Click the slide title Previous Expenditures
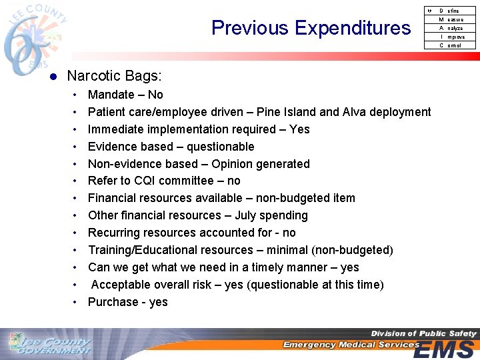coord(311,28)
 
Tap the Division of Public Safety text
coord(423,333)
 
